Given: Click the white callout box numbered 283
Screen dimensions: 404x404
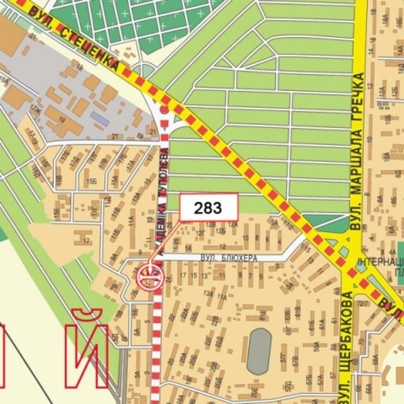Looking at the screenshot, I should [209, 207].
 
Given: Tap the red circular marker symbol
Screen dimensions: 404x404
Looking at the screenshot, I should [150, 277].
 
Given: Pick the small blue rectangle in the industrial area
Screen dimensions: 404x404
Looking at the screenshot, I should [99, 116].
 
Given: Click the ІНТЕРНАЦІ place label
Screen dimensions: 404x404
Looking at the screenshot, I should [380, 261].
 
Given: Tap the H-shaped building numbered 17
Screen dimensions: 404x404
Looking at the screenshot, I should [87, 237].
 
